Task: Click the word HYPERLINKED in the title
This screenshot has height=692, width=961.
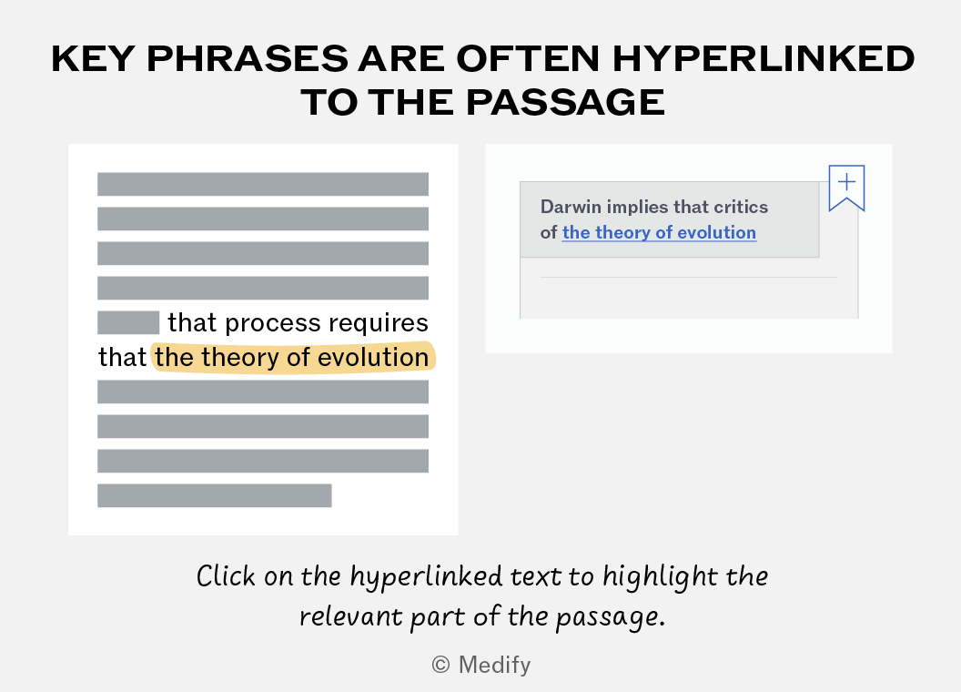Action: coord(763,59)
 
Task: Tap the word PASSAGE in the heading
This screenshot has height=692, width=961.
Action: coord(565,102)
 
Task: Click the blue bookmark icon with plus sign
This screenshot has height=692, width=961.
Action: coord(846,188)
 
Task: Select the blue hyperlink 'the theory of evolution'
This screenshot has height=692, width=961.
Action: coord(659,232)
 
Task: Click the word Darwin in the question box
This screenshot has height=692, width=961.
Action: coord(571,207)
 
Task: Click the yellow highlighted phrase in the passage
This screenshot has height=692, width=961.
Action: coord(293,357)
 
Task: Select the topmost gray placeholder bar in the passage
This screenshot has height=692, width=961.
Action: coord(263,184)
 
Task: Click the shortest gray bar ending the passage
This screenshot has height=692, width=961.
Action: coord(215,495)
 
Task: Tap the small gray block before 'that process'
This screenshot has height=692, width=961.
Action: coord(128,322)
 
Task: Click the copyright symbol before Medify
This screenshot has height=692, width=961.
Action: coord(440,665)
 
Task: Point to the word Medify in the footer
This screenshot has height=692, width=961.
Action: coord(494,666)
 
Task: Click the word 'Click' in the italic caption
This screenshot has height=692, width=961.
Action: coord(226,576)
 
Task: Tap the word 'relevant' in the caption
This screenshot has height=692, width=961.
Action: coord(351,616)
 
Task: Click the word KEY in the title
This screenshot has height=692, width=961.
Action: coord(93,59)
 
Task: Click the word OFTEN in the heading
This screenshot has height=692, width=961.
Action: coord(528,59)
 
